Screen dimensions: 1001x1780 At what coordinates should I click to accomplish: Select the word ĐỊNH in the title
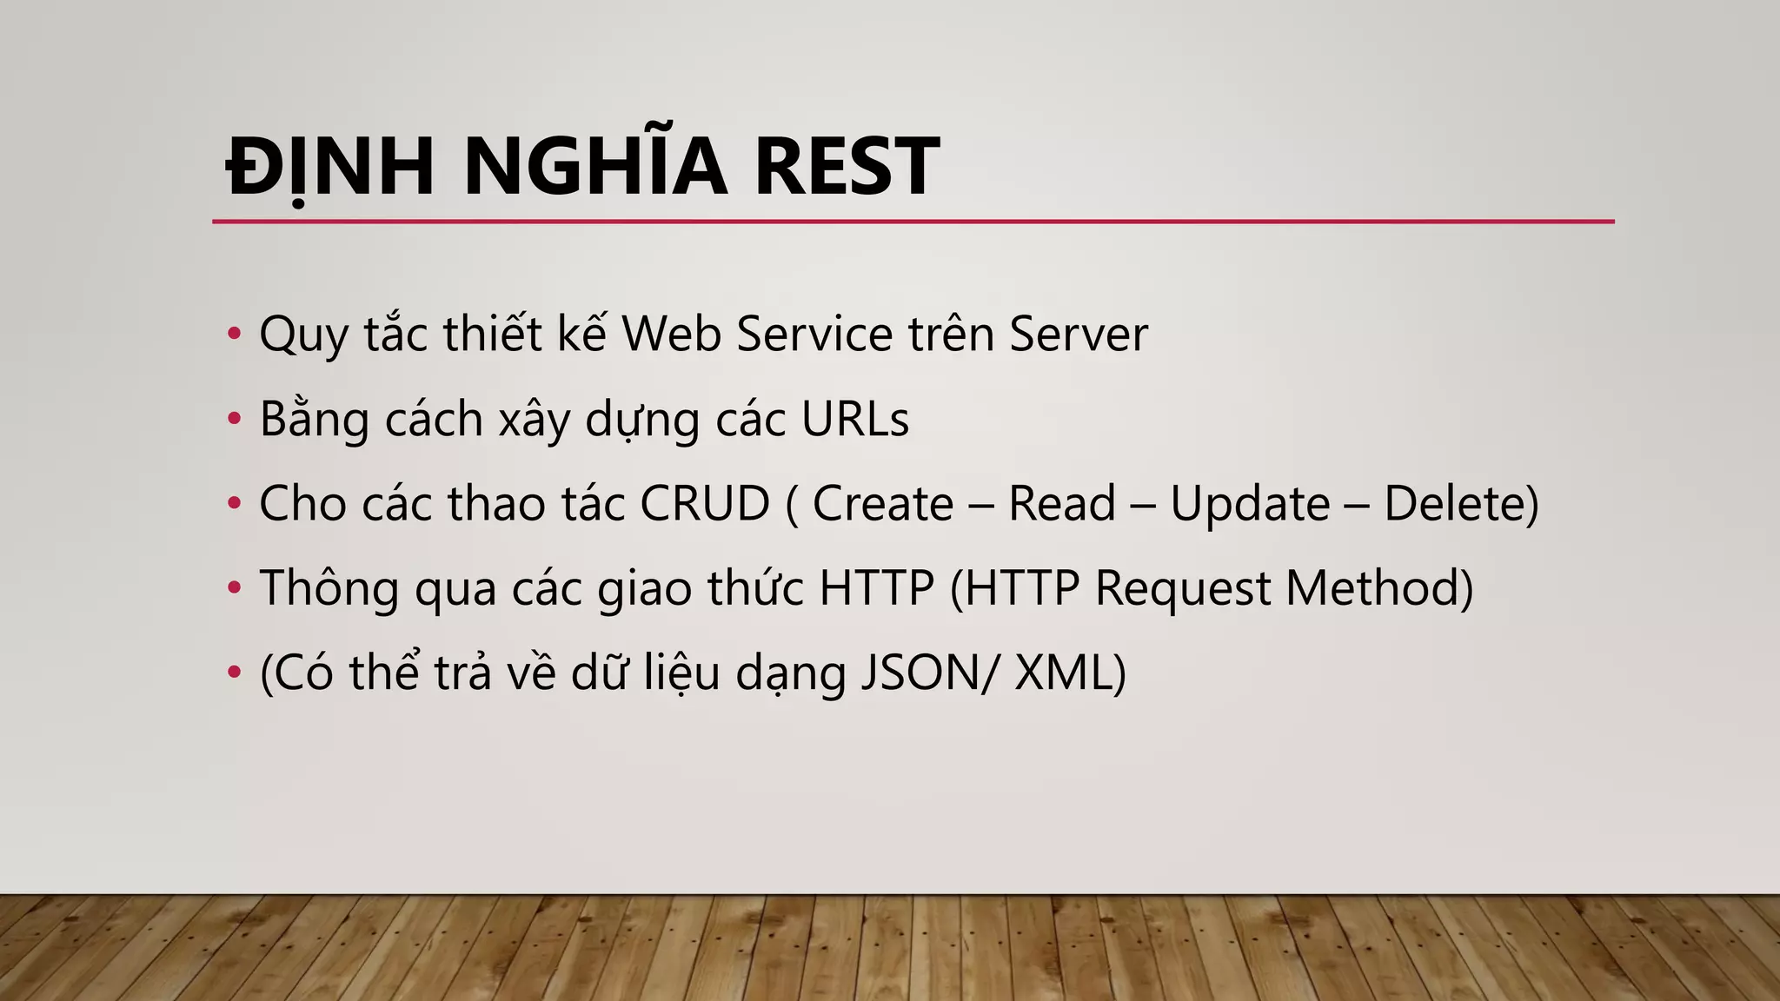tap(329, 167)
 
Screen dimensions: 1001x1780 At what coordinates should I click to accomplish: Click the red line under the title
tap(913, 222)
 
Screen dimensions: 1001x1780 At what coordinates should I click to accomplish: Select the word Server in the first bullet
tap(1078, 334)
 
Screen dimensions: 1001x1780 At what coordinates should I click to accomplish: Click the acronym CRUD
tap(705, 503)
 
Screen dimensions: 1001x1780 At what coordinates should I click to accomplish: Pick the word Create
tap(882, 504)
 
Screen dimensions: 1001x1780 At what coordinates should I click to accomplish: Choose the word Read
tap(1061, 504)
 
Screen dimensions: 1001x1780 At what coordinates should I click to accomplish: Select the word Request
tap(1182, 589)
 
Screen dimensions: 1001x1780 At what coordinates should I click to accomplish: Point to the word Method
tap(1372, 588)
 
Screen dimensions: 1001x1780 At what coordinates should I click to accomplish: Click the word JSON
tap(920, 673)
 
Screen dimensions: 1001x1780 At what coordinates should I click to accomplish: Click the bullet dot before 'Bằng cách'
tap(233, 419)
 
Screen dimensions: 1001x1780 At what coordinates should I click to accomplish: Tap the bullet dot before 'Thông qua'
tap(233, 588)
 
